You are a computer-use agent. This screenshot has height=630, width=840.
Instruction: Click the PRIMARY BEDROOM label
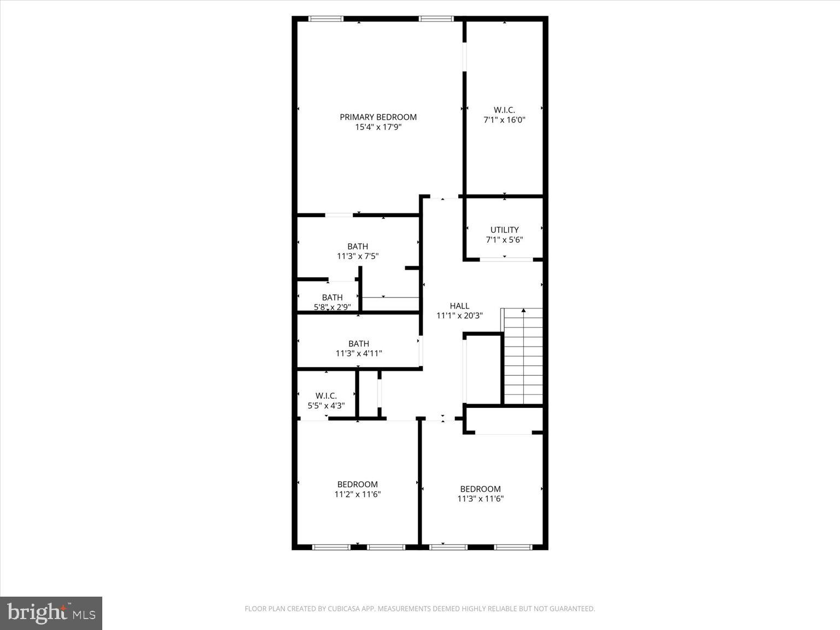[378, 117]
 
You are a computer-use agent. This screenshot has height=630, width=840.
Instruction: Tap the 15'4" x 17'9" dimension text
[378, 127]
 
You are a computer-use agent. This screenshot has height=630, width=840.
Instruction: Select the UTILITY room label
[504, 230]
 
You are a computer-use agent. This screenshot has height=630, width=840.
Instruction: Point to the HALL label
[459, 306]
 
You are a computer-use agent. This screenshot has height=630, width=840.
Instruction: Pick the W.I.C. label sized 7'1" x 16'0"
[504, 110]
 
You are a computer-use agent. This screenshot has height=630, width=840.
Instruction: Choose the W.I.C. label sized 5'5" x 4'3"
[326, 396]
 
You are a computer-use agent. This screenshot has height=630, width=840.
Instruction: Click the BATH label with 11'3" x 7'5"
[358, 247]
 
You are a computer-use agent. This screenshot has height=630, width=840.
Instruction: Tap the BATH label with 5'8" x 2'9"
[332, 297]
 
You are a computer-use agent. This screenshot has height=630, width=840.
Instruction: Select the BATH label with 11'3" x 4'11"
[359, 344]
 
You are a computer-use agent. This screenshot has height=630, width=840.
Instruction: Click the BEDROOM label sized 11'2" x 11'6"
[357, 485]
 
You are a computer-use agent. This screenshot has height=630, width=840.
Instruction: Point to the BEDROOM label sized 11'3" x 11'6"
[480, 489]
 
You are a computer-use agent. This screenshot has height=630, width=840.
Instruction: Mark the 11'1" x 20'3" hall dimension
[459, 316]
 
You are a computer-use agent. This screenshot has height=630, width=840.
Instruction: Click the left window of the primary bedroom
[326, 19]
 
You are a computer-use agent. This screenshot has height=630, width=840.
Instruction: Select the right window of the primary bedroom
[436, 19]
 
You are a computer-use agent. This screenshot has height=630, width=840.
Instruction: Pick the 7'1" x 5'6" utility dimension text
[504, 240]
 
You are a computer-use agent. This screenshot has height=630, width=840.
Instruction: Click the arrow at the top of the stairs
[523, 311]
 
